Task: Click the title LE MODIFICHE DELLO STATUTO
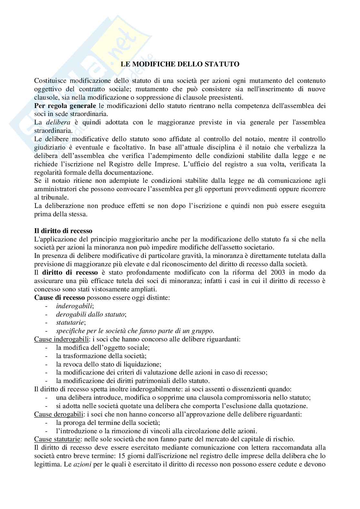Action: click(x=180, y=64)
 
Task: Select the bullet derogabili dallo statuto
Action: click(x=91, y=314)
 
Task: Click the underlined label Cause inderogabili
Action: click(x=61, y=339)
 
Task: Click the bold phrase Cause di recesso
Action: click(x=60, y=298)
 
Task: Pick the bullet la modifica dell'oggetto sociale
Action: click(x=103, y=347)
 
